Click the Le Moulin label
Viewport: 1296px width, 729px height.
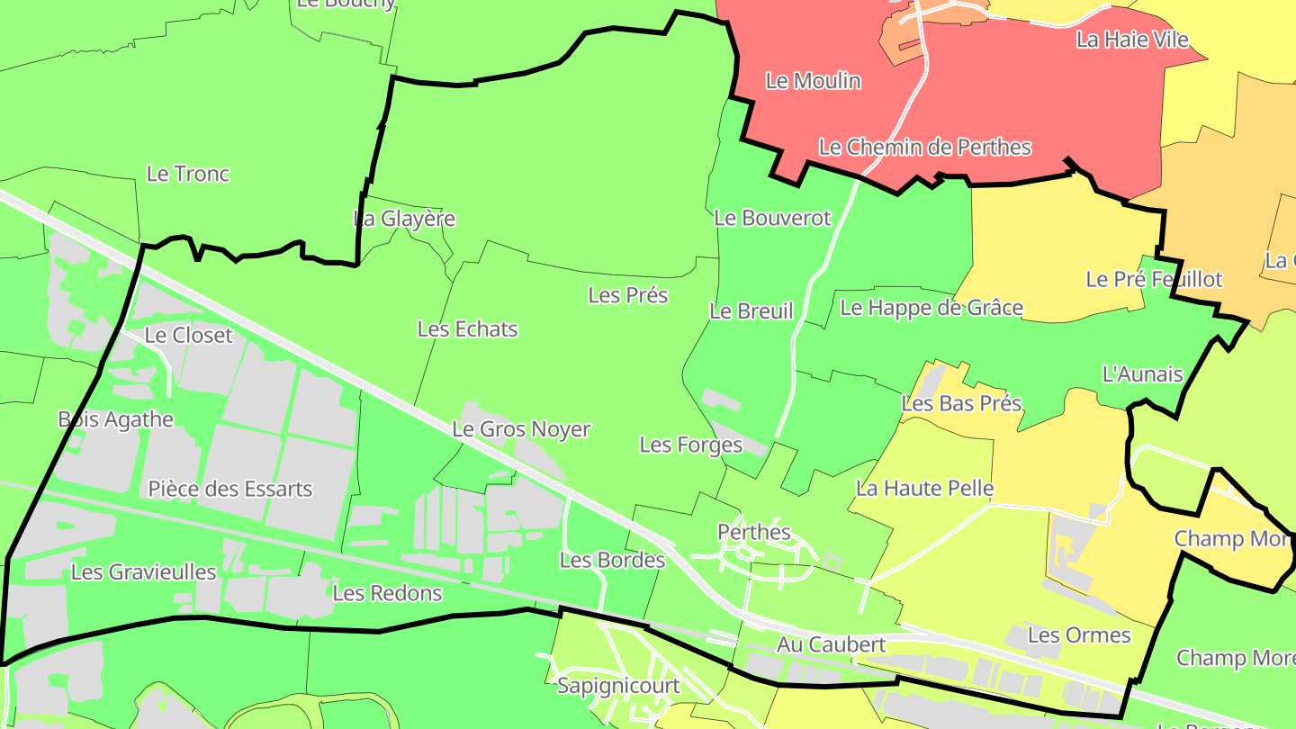(x=813, y=81)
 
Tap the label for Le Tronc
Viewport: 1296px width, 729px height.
(x=188, y=174)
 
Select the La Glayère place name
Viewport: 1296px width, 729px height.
(x=404, y=219)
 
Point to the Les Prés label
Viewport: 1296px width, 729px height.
(x=628, y=295)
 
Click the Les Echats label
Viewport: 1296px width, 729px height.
(x=467, y=329)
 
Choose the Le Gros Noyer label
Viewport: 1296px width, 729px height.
(x=521, y=429)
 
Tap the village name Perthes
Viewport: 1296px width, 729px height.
(x=754, y=532)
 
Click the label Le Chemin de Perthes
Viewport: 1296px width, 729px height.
(x=924, y=147)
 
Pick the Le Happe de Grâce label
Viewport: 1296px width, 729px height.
(x=931, y=308)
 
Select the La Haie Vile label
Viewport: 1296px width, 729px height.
(x=1132, y=40)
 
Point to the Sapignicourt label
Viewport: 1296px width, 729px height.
(x=618, y=686)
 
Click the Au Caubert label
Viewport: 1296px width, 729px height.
(x=831, y=644)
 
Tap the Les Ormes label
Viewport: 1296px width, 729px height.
(x=1078, y=635)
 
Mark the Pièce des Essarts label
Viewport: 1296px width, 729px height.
(x=230, y=489)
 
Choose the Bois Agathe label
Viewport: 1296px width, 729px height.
(x=115, y=419)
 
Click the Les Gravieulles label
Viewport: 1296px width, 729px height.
(x=144, y=571)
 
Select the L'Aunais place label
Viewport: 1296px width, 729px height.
(x=1142, y=373)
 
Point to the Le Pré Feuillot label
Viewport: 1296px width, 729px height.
(x=1154, y=279)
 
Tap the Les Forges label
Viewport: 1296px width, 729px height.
(x=691, y=445)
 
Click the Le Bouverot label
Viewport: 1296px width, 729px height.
(x=772, y=218)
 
